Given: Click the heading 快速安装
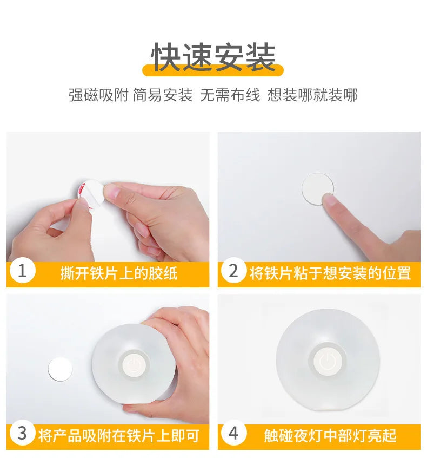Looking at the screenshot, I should tap(213, 57).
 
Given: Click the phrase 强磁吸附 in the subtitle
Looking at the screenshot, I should tap(98, 95).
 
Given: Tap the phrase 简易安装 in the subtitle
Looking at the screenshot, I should tap(163, 95).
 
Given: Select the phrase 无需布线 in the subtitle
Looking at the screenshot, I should tap(230, 95).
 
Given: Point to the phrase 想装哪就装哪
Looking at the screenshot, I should tap(312, 95).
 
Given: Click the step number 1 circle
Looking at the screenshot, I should tap(22, 272).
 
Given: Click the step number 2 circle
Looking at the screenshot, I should tap(233, 272).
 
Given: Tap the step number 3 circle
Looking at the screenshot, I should tap(22, 434).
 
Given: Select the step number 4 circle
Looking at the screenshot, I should tap(233, 434).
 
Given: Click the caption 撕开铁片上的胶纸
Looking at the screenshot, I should tap(119, 273).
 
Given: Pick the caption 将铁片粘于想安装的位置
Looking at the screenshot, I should tap(330, 273).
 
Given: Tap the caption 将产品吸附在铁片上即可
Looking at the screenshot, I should tap(119, 435).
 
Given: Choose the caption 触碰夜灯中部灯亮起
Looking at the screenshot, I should tap(330, 435).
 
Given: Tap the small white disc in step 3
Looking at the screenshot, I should tap(60, 369).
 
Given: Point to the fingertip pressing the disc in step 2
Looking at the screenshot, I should tap(330, 200).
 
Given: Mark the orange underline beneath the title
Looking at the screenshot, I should tap(213, 71).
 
